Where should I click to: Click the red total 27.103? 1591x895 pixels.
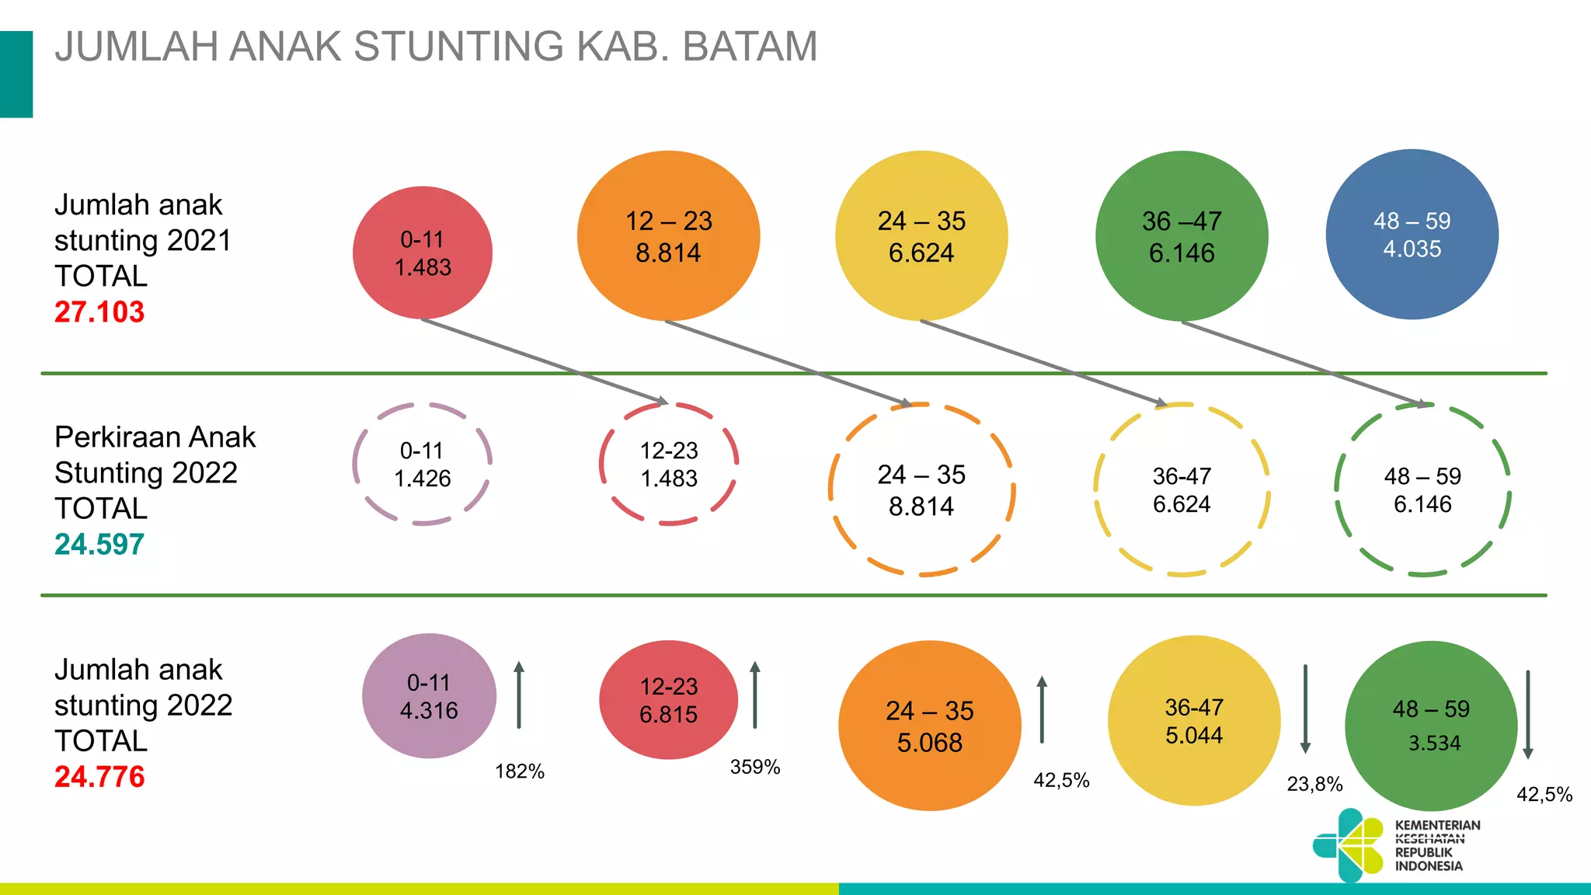click(x=99, y=312)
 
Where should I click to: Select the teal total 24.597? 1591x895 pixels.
click(x=99, y=545)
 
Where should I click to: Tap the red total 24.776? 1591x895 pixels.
click(x=99, y=777)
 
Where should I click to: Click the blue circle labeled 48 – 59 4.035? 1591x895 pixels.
click(x=1412, y=235)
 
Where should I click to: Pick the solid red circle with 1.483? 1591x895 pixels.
click(x=423, y=252)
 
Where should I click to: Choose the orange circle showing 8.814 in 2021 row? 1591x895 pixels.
click(x=668, y=236)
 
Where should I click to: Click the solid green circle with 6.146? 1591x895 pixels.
click(x=1182, y=236)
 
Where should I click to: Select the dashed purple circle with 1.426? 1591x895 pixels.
click(x=423, y=464)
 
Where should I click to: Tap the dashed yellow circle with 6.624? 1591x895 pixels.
click(x=1182, y=489)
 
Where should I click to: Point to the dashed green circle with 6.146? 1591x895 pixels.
click(x=1422, y=489)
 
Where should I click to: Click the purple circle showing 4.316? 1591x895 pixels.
click(x=429, y=696)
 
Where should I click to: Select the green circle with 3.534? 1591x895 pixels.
click(x=1431, y=726)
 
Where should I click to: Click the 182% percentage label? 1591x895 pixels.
click(x=520, y=771)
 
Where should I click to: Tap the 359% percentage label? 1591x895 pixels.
click(x=755, y=767)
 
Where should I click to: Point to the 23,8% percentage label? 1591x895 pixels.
click(x=1314, y=784)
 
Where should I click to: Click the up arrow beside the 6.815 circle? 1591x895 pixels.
click(x=754, y=695)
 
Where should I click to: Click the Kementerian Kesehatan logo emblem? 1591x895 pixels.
click(x=1349, y=845)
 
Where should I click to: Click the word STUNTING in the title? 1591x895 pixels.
click(x=458, y=47)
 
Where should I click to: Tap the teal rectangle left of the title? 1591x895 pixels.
click(x=16, y=75)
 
